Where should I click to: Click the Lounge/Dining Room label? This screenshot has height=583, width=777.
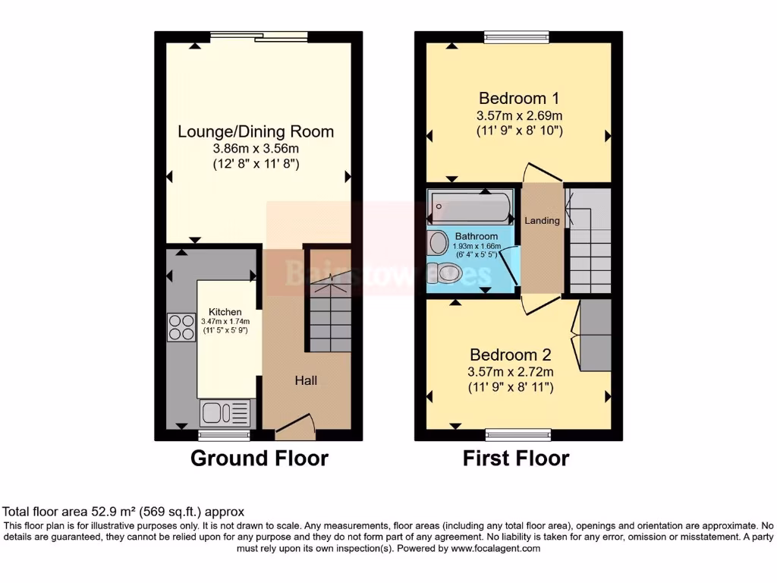[x=256, y=131]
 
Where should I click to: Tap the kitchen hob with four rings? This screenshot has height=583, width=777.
[x=181, y=326]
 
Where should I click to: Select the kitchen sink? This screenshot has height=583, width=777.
[x=224, y=414]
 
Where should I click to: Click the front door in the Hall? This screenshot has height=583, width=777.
[x=294, y=425]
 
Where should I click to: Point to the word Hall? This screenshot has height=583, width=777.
[x=306, y=380]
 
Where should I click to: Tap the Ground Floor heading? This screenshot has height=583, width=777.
[x=259, y=459]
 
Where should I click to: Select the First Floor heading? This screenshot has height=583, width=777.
[x=516, y=459]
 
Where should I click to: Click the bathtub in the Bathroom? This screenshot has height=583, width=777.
[x=470, y=206]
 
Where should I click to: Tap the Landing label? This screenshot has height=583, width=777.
[x=543, y=221]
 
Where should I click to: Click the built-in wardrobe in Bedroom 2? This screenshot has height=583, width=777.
[x=595, y=336]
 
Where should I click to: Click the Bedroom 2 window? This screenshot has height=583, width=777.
[x=518, y=435]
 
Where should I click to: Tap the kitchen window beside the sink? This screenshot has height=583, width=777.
[x=224, y=435]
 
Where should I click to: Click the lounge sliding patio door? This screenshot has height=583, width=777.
[x=259, y=35]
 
